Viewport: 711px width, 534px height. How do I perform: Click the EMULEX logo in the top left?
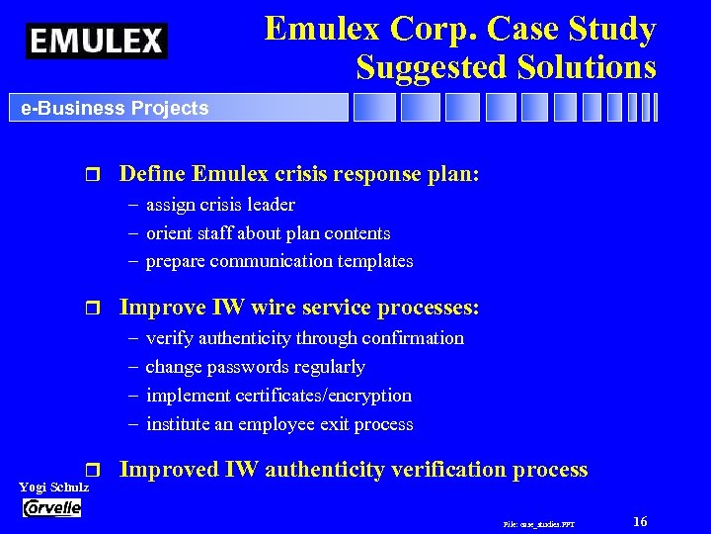[x=97, y=40]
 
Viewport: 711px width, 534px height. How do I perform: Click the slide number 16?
[x=640, y=521]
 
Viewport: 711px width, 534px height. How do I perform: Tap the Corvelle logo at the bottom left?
[x=51, y=507]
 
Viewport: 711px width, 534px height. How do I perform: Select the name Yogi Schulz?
[x=54, y=488]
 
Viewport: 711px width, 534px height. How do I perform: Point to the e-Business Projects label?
[x=116, y=108]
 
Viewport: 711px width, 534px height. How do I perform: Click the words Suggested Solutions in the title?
[x=506, y=66]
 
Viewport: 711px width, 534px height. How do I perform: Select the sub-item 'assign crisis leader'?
[x=220, y=205]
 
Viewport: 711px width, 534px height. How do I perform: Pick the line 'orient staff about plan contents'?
[x=268, y=233]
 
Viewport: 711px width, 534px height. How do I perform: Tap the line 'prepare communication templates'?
[x=279, y=261]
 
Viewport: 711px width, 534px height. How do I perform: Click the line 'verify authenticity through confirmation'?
[x=304, y=338]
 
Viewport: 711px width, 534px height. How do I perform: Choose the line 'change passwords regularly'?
[x=255, y=367]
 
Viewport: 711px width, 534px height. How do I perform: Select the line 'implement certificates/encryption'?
[x=278, y=396]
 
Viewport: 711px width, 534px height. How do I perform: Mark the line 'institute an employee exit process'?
[x=279, y=424]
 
